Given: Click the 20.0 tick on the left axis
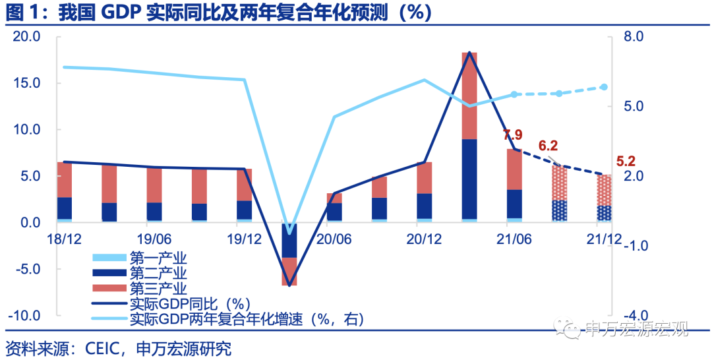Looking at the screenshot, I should [x=26, y=37].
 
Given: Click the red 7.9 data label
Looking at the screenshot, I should [x=512, y=135].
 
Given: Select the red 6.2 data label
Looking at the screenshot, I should [x=548, y=146].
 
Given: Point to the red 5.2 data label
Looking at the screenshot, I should [x=626, y=160].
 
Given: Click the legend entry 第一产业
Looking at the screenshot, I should [x=159, y=257].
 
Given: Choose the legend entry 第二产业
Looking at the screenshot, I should [x=159, y=272].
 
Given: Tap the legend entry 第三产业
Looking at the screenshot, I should [x=159, y=288].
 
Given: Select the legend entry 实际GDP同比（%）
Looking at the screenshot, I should [x=188, y=304].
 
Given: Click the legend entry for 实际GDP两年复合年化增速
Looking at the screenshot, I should [x=247, y=320].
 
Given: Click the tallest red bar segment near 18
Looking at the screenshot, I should [x=469, y=96].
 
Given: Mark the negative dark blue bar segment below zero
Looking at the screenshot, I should [x=289, y=241].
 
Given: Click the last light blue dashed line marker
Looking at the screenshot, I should [x=603, y=87].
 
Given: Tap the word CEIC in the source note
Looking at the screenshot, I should [x=104, y=347].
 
